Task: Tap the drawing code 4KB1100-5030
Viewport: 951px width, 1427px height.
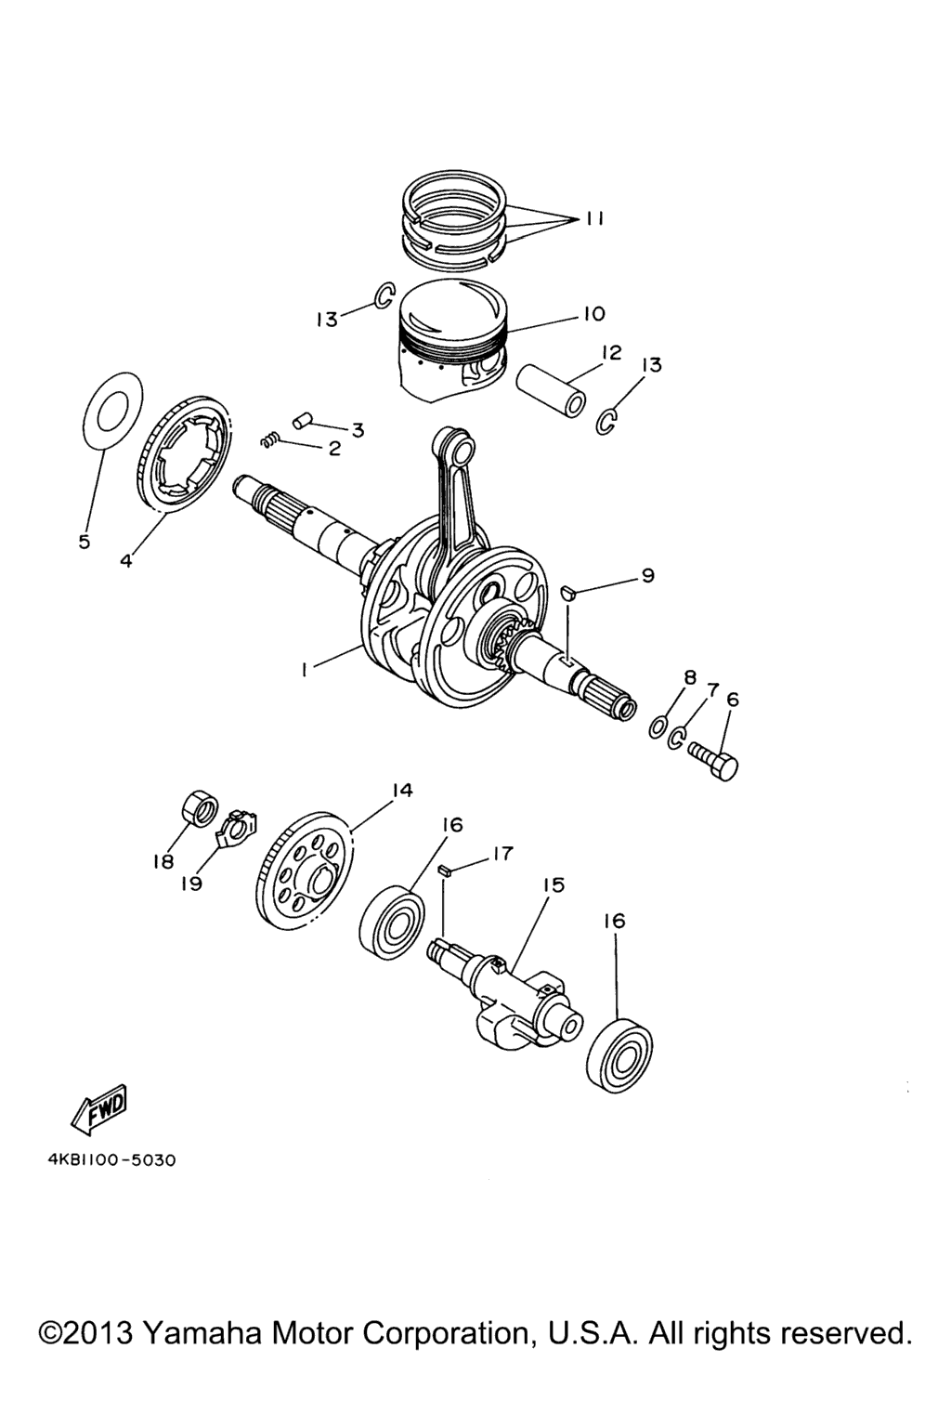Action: pyautogui.click(x=111, y=1160)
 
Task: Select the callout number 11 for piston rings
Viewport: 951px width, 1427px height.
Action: pyautogui.click(x=594, y=218)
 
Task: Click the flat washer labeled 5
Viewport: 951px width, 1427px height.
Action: pyautogui.click(x=111, y=409)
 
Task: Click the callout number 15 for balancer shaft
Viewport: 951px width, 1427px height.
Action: pyautogui.click(x=554, y=885)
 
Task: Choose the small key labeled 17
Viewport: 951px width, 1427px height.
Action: pyautogui.click(x=445, y=871)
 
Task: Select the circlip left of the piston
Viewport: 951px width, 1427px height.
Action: pyautogui.click(x=384, y=295)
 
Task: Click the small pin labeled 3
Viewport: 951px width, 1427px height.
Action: pyautogui.click(x=301, y=420)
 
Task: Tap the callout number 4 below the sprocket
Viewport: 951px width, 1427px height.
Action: pyautogui.click(x=125, y=560)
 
